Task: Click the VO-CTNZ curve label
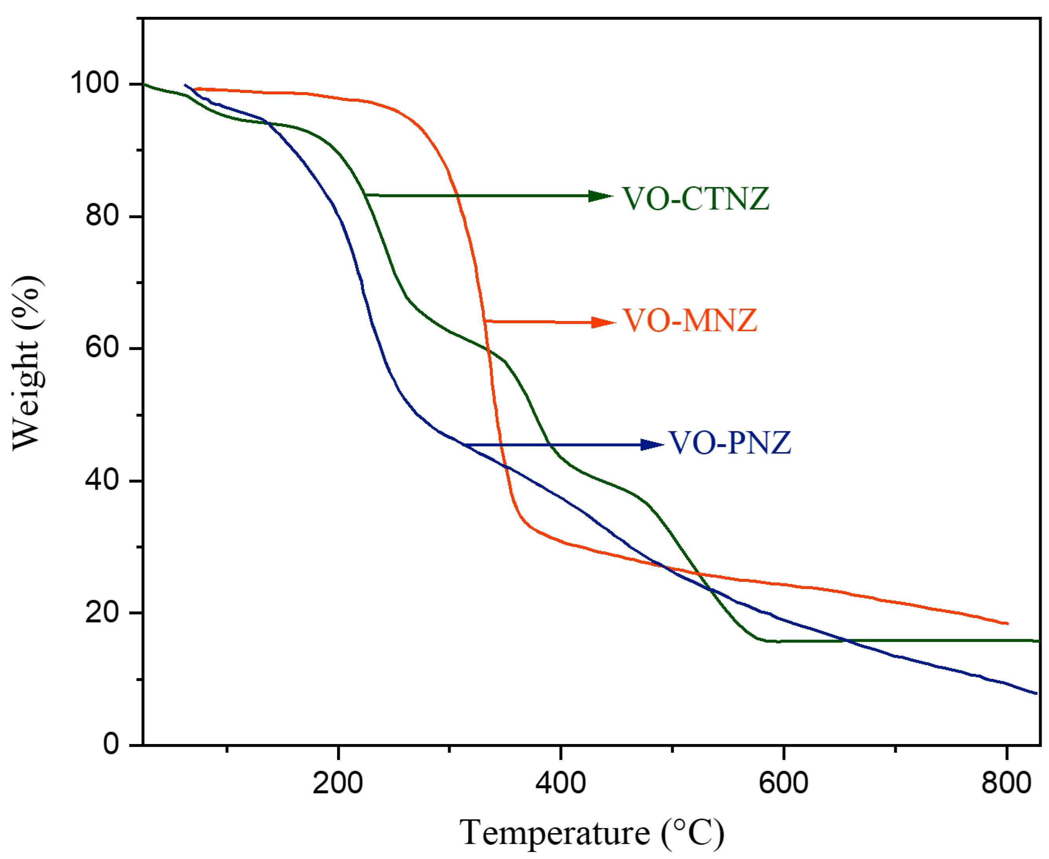pos(695,199)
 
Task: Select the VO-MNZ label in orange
pos(690,321)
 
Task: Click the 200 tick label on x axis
pos(338,783)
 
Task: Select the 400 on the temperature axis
pos(561,783)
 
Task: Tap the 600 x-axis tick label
pos(784,783)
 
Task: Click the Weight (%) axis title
pos(27,364)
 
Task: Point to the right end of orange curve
pos(1007,624)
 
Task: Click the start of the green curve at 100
pos(144,84)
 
